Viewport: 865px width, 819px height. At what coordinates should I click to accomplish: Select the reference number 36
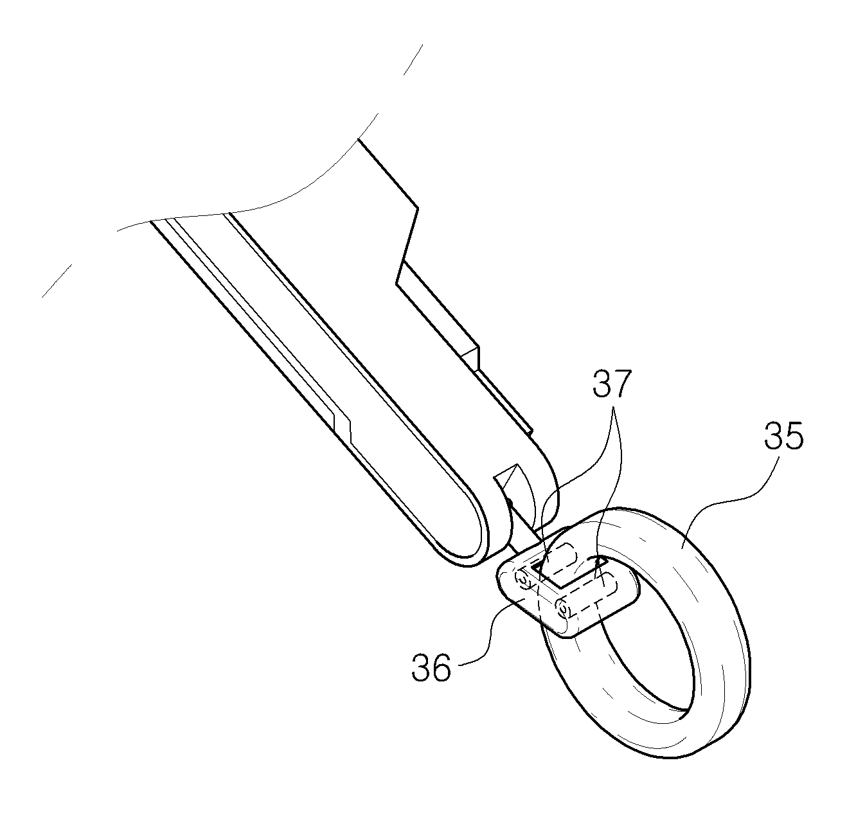click(431, 667)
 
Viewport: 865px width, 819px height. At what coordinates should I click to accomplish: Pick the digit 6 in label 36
click(441, 667)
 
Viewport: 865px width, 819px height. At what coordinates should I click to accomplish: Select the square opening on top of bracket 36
click(567, 573)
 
